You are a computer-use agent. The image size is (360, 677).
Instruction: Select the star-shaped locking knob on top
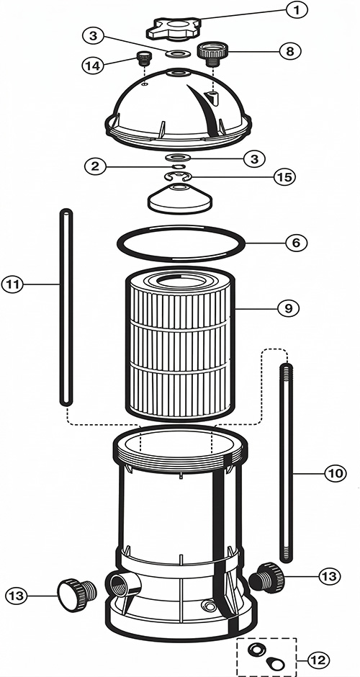pyautogui.click(x=173, y=28)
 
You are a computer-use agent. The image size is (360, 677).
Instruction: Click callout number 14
pyautogui.click(x=93, y=66)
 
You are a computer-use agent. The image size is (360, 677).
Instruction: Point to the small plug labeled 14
pyautogui.click(x=144, y=58)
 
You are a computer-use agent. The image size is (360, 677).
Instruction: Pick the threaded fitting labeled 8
pyautogui.click(x=212, y=54)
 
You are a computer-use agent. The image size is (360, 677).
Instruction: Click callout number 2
pyautogui.click(x=95, y=166)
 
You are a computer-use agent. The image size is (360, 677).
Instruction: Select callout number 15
pyautogui.click(x=285, y=177)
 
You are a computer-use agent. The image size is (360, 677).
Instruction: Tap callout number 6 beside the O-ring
pyautogui.click(x=296, y=243)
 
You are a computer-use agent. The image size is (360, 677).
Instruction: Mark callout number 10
pyautogui.click(x=336, y=473)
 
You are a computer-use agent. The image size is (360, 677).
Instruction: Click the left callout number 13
pyautogui.click(x=17, y=596)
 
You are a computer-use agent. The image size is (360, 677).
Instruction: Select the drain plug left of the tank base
pyautogui.click(x=77, y=595)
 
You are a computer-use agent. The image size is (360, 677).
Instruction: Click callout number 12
pyautogui.click(x=318, y=660)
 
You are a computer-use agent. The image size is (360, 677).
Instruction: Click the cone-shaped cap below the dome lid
pyautogui.click(x=181, y=199)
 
